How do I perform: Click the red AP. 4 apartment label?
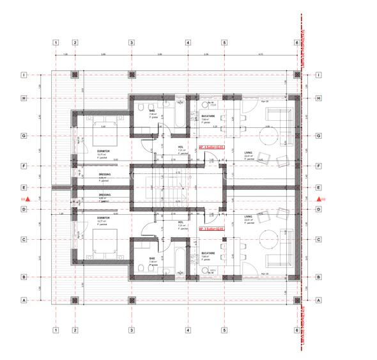(x=212, y=146)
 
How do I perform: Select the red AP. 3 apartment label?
(x=212, y=228)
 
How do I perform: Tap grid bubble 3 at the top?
(x=132, y=43)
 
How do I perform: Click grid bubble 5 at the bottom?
(x=225, y=331)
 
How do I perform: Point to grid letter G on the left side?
(x=24, y=136)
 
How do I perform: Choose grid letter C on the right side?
(x=318, y=240)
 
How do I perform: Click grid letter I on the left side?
(x=24, y=75)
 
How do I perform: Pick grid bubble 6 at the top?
(x=297, y=43)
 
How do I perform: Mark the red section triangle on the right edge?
(x=318, y=200)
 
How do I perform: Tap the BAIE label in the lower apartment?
(x=153, y=259)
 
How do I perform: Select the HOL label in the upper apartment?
(x=181, y=146)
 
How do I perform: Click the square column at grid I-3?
(x=132, y=75)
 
